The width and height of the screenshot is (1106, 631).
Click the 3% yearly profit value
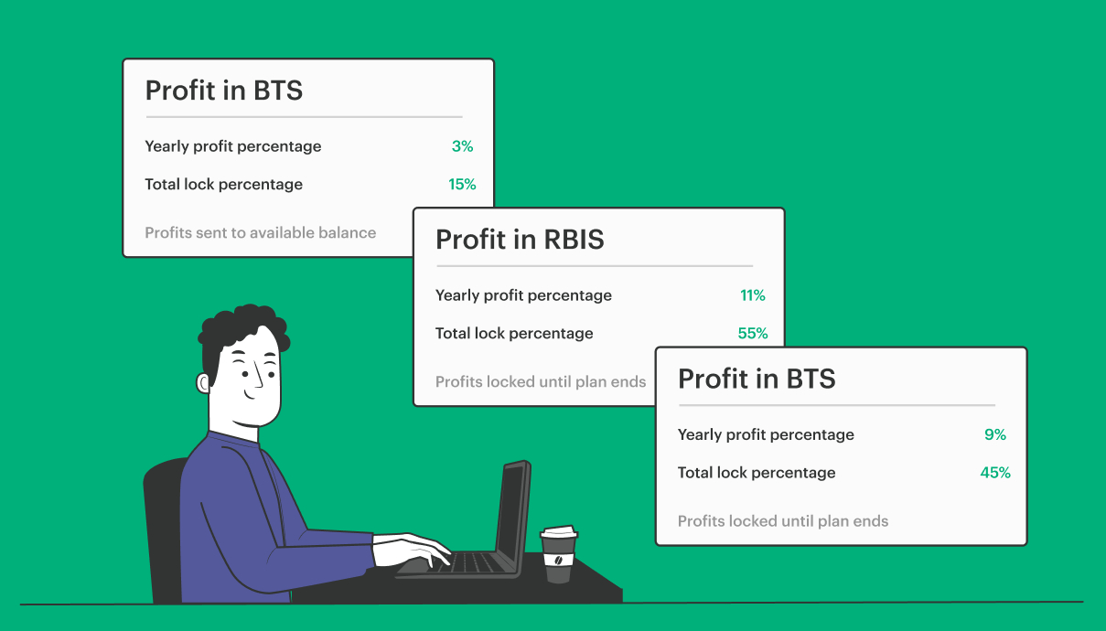click(462, 146)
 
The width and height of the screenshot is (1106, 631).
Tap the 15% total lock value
click(462, 184)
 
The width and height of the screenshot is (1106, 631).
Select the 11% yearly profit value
click(753, 295)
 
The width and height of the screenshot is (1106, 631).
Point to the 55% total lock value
click(753, 333)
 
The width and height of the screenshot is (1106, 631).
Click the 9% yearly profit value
click(995, 434)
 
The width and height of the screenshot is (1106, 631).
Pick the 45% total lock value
click(995, 473)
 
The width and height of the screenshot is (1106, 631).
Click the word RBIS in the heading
click(574, 240)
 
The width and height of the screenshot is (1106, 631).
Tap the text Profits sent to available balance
click(260, 232)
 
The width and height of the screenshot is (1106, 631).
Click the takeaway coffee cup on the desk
click(559, 554)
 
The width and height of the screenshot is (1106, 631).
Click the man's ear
click(203, 383)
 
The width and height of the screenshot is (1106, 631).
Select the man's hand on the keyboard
click(413, 550)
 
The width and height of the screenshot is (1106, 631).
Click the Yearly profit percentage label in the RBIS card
click(523, 295)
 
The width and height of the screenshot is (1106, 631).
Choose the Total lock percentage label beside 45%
click(757, 473)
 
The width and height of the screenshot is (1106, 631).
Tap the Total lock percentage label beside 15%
click(223, 184)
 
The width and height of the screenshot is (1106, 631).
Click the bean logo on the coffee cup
click(558, 561)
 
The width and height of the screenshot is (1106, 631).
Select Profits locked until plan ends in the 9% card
click(782, 521)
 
